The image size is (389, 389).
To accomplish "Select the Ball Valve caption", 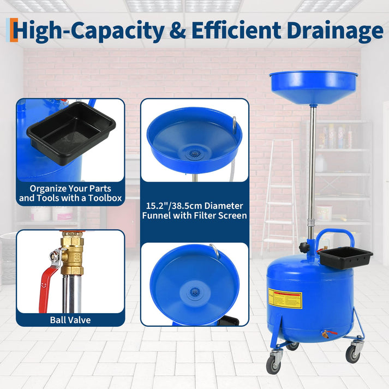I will (x=70, y=320).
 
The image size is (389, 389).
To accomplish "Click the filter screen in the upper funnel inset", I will (x=192, y=154).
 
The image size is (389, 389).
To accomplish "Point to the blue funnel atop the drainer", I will (x=313, y=87).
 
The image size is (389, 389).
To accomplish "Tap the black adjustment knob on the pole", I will (x=303, y=248).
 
